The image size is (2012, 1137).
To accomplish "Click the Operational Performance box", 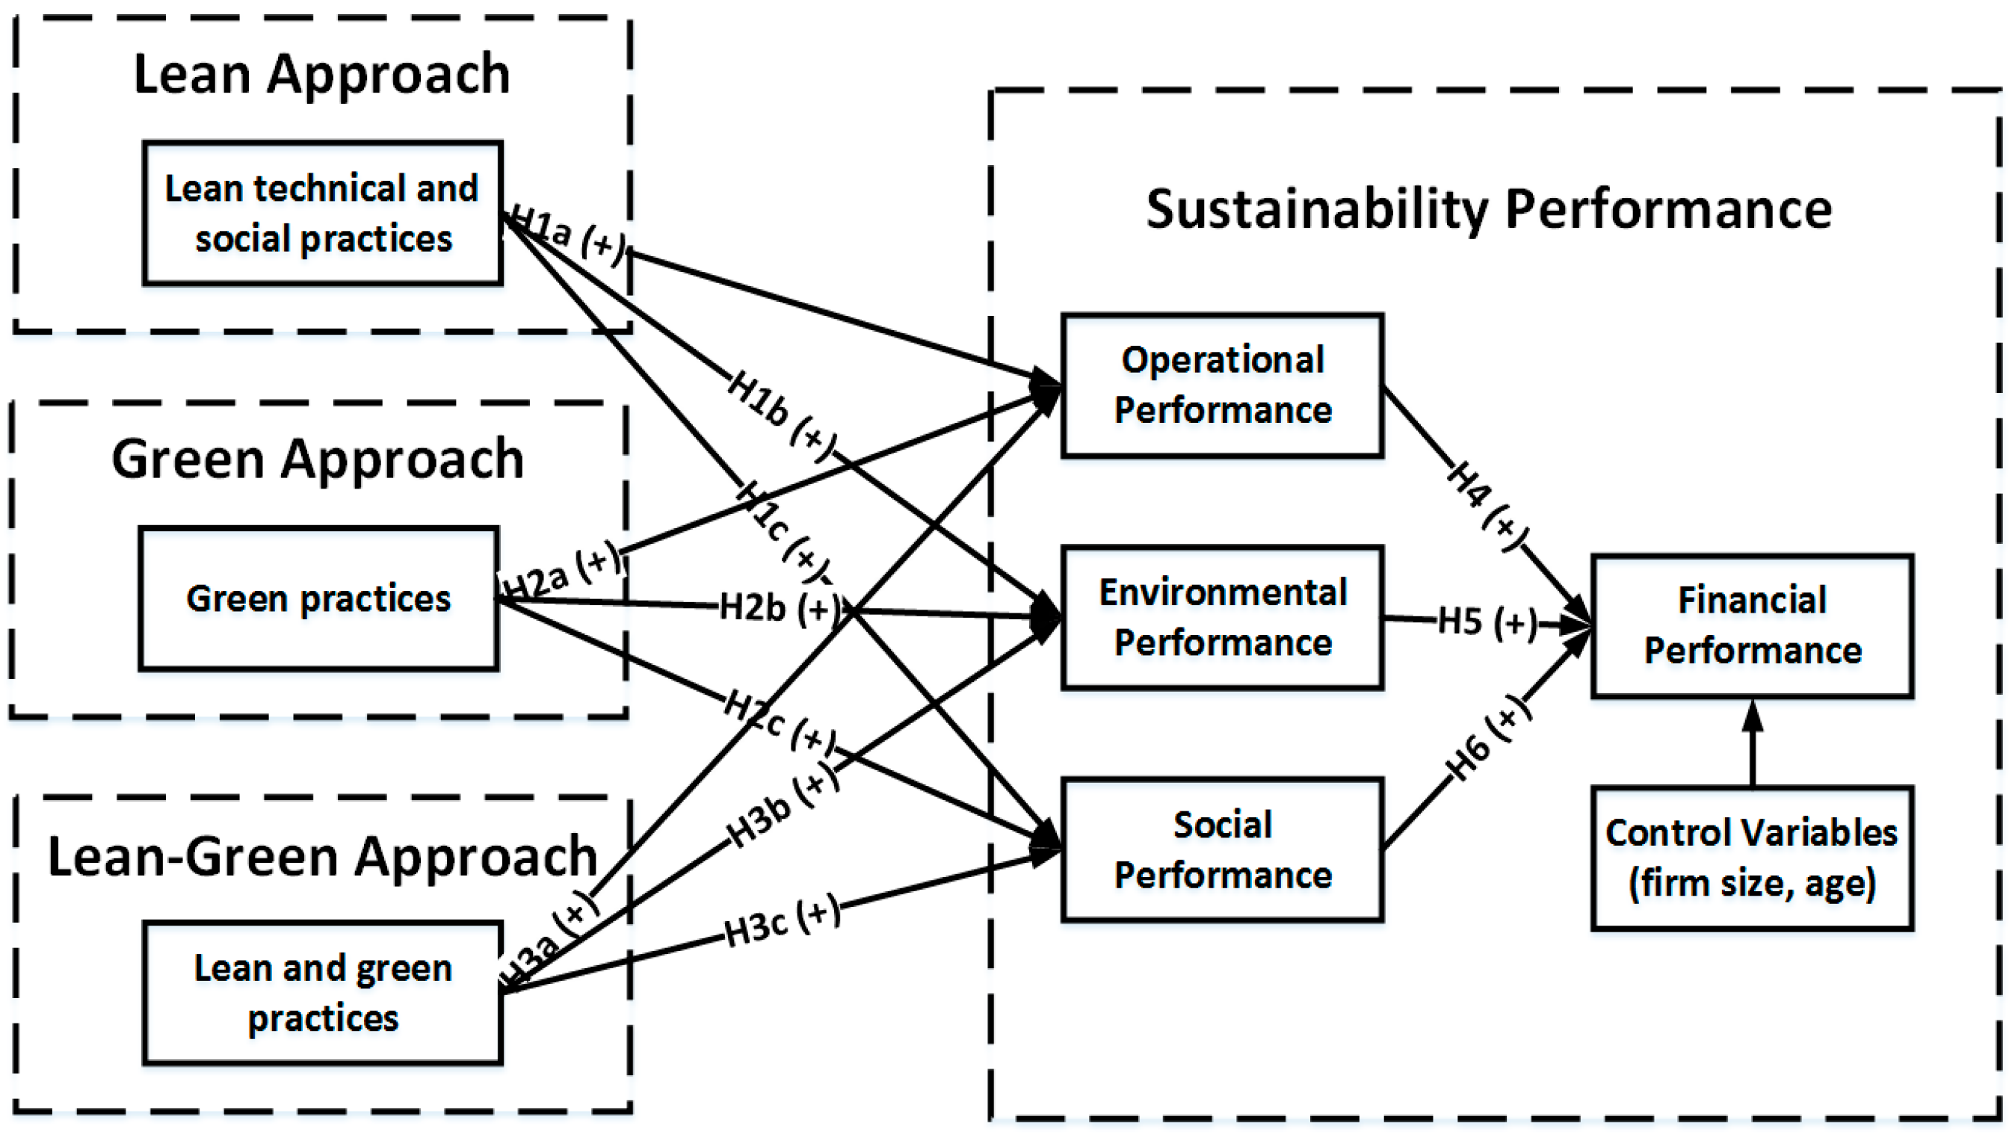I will (1221, 385).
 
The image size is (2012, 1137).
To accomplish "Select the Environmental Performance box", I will (1221, 617).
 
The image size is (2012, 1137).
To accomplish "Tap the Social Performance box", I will (1221, 849).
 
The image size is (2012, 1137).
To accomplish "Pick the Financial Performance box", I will (1752, 625).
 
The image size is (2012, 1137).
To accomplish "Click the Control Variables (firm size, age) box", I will (1752, 858).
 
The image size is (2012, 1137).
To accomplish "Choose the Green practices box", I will (318, 599).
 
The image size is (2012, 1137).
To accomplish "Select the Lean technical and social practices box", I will (322, 212).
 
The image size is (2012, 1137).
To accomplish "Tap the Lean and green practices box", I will (322, 993).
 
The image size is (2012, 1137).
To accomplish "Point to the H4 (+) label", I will (1487, 505).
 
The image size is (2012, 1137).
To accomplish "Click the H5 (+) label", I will (1487, 622).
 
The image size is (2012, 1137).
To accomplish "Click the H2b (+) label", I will (780, 607).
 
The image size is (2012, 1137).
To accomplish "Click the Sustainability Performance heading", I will (1488, 209).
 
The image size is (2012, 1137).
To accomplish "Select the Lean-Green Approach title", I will (322, 857).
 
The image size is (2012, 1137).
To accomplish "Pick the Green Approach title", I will (317, 459).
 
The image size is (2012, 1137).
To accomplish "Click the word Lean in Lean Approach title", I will (192, 74).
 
